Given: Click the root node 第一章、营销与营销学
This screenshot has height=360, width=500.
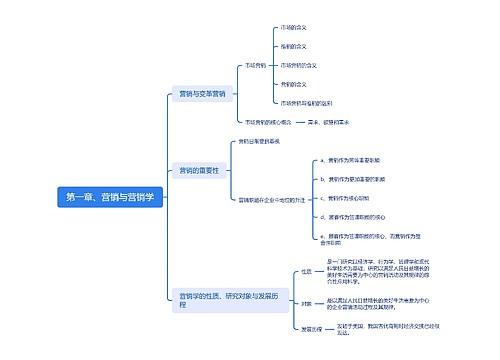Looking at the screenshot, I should [x=110, y=198].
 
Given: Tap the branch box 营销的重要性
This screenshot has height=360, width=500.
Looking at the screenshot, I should [x=198, y=171].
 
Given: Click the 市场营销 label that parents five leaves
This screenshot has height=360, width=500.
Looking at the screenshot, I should [x=256, y=65].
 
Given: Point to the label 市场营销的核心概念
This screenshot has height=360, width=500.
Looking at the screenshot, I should [x=269, y=122].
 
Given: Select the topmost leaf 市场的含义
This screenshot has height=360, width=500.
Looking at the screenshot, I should [x=321, y=28].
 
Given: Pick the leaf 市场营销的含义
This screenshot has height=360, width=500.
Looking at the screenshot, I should [x=324, y=65].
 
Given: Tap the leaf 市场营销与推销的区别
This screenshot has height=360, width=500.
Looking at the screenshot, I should [x=333, y=103].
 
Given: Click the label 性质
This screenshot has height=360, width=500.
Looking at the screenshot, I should [x=306, y=272].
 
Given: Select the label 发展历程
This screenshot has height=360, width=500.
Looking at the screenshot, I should [x=310, y=329].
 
